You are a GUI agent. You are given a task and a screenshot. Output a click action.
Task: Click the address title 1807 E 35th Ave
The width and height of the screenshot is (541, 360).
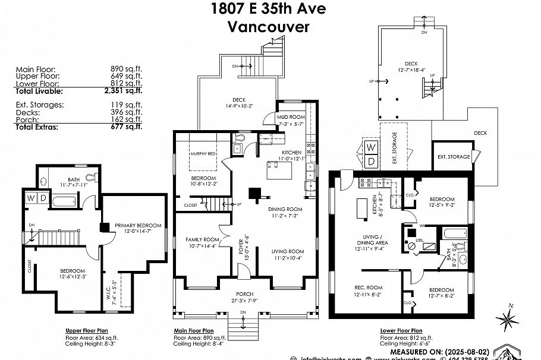(x=269, y=9)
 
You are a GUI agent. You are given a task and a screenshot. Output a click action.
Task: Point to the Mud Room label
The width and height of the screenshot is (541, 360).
(x=291, y=118)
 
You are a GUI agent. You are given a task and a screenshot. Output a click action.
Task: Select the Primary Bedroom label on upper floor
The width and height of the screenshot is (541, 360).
(x=138, y=225)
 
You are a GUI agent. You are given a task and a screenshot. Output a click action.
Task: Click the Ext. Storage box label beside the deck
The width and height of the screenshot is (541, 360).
(x=453, y=157)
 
